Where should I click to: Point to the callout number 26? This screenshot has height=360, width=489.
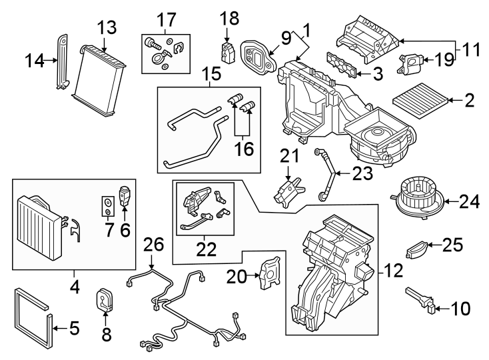point(153,246)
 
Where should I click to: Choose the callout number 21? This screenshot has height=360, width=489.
point(288,158)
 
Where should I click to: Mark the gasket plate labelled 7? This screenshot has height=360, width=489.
point(107,206)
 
